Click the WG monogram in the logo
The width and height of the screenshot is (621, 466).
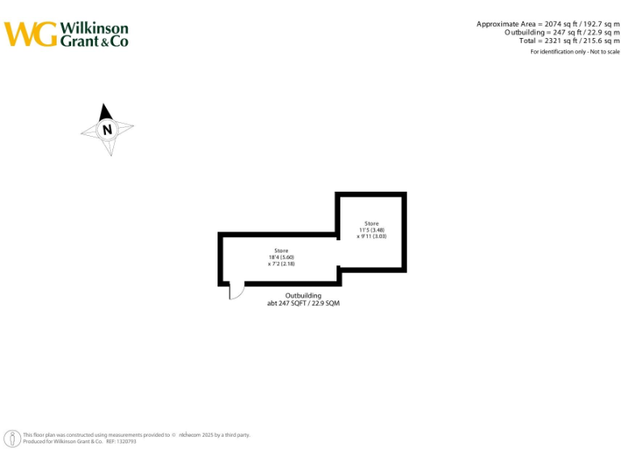[31, 34]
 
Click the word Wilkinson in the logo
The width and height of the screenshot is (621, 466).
[94, 28]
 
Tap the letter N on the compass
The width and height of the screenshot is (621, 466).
[107, 129]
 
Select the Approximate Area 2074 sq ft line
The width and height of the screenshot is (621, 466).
[547, 24]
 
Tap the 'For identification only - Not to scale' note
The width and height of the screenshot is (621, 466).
[575, 52]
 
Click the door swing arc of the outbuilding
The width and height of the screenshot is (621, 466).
[235, 292]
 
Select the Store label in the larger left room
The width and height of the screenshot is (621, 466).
[281, 251]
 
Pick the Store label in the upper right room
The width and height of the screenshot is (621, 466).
[371, 223]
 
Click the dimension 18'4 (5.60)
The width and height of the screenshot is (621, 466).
[281, 257]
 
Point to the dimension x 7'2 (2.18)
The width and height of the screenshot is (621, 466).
[281, 264]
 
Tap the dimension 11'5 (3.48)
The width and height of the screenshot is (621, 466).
[371, 230]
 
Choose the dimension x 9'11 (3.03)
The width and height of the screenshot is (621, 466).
[371, 236]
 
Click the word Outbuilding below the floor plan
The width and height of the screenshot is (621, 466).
[303, 295]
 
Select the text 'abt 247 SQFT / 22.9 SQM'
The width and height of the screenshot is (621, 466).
[303, 303]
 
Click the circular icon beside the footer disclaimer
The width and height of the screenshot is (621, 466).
[12, 438]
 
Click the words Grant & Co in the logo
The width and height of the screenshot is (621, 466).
[94, 40]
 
